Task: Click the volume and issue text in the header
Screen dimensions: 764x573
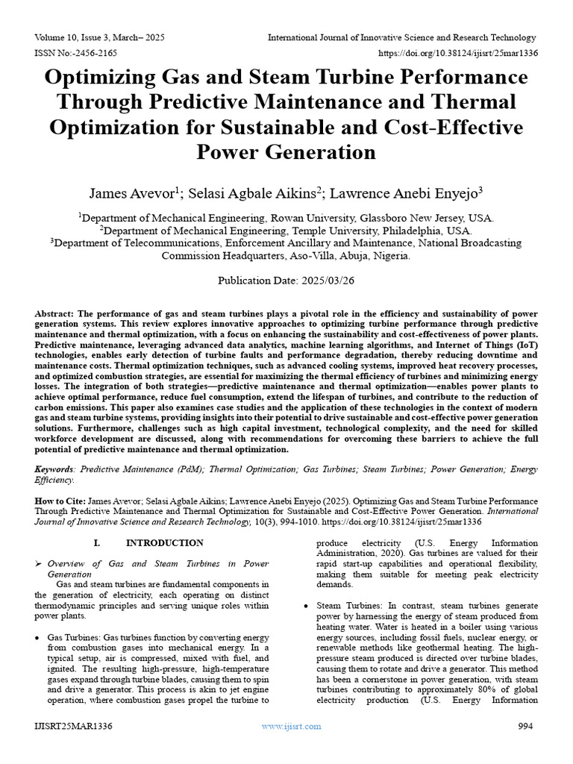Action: pyautogui.click(x=99, y=37)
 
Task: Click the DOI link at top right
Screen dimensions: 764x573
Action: pyautogui.click(x=459, y=53)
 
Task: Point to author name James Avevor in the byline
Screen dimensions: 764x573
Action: pyautogui.click(x=131, y=194)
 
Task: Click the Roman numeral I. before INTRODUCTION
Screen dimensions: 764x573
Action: pyautogui.click(x=97, y=543)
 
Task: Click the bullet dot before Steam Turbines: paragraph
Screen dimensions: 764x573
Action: pyautogui.click(x=307, y=606)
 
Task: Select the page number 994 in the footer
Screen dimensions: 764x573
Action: pyautogui.click(x=527, y=726)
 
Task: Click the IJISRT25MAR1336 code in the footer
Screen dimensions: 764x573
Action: pyautogui.click(x=73, y=726)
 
